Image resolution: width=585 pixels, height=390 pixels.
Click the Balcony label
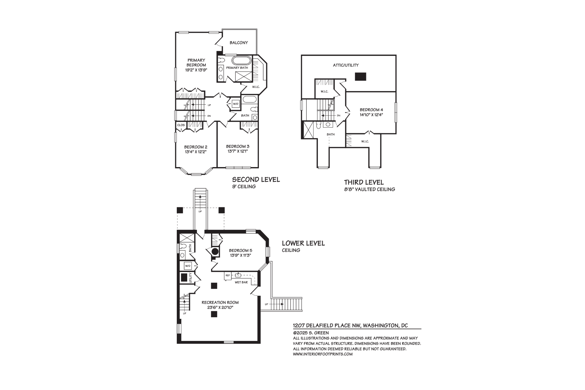point(239,43)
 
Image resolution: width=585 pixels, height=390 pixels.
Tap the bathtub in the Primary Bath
point(241,61)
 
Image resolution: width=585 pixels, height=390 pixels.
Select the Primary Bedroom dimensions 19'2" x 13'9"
point(196,70)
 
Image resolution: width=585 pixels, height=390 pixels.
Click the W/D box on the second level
point(235,104)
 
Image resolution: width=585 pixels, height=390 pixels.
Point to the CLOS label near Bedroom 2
point(181,125)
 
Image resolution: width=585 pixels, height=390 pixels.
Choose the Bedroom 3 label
point(238,147)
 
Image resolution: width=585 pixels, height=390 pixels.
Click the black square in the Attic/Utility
point(360,77)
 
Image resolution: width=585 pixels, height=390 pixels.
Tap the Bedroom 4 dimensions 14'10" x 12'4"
point(371,115)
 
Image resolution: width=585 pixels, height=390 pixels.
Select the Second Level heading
point(256,180)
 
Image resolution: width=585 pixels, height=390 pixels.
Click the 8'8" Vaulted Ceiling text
point(370,189)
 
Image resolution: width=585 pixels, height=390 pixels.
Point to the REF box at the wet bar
point(228,276)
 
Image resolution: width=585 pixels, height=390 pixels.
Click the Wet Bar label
point(241,282)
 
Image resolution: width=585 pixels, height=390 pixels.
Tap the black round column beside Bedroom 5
point(215,251)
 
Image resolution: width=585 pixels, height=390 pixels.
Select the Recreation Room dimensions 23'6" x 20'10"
point(220,307)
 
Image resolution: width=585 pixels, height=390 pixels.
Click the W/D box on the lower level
point(188,266)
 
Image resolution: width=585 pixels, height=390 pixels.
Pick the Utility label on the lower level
point(191,278)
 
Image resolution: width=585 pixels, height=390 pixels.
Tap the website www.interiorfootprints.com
point(322,354)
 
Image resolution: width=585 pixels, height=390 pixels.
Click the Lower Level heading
point(303,243)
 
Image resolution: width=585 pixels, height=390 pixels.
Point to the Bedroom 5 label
point(240,251)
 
